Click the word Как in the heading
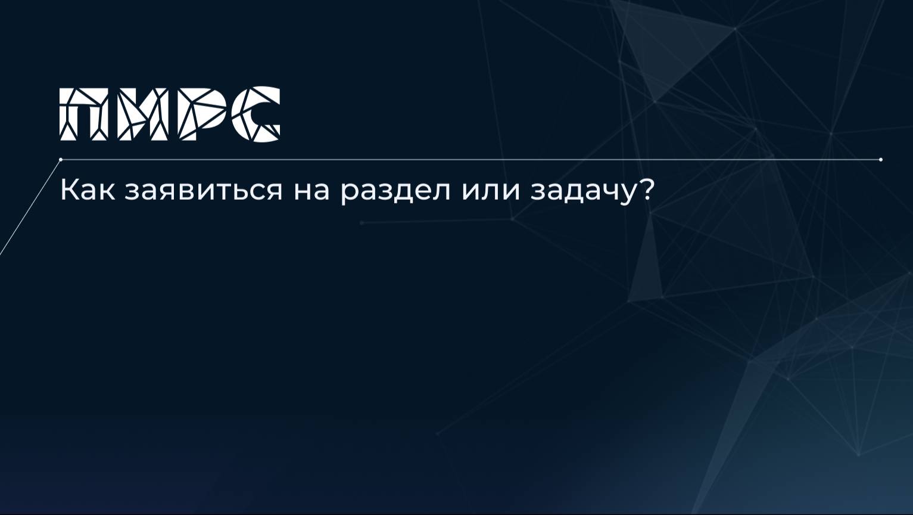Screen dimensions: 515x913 [x=86, y=190]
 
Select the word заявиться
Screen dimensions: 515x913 [x=203, y=191]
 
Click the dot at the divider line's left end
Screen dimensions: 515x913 [x=61, y=160]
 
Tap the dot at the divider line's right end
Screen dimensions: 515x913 [x=881, y=160]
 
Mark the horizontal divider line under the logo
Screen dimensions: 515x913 [x=470, y=160]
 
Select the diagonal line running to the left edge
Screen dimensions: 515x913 [x=30, y=207]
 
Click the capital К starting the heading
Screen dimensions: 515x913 [x=68, y=190]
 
